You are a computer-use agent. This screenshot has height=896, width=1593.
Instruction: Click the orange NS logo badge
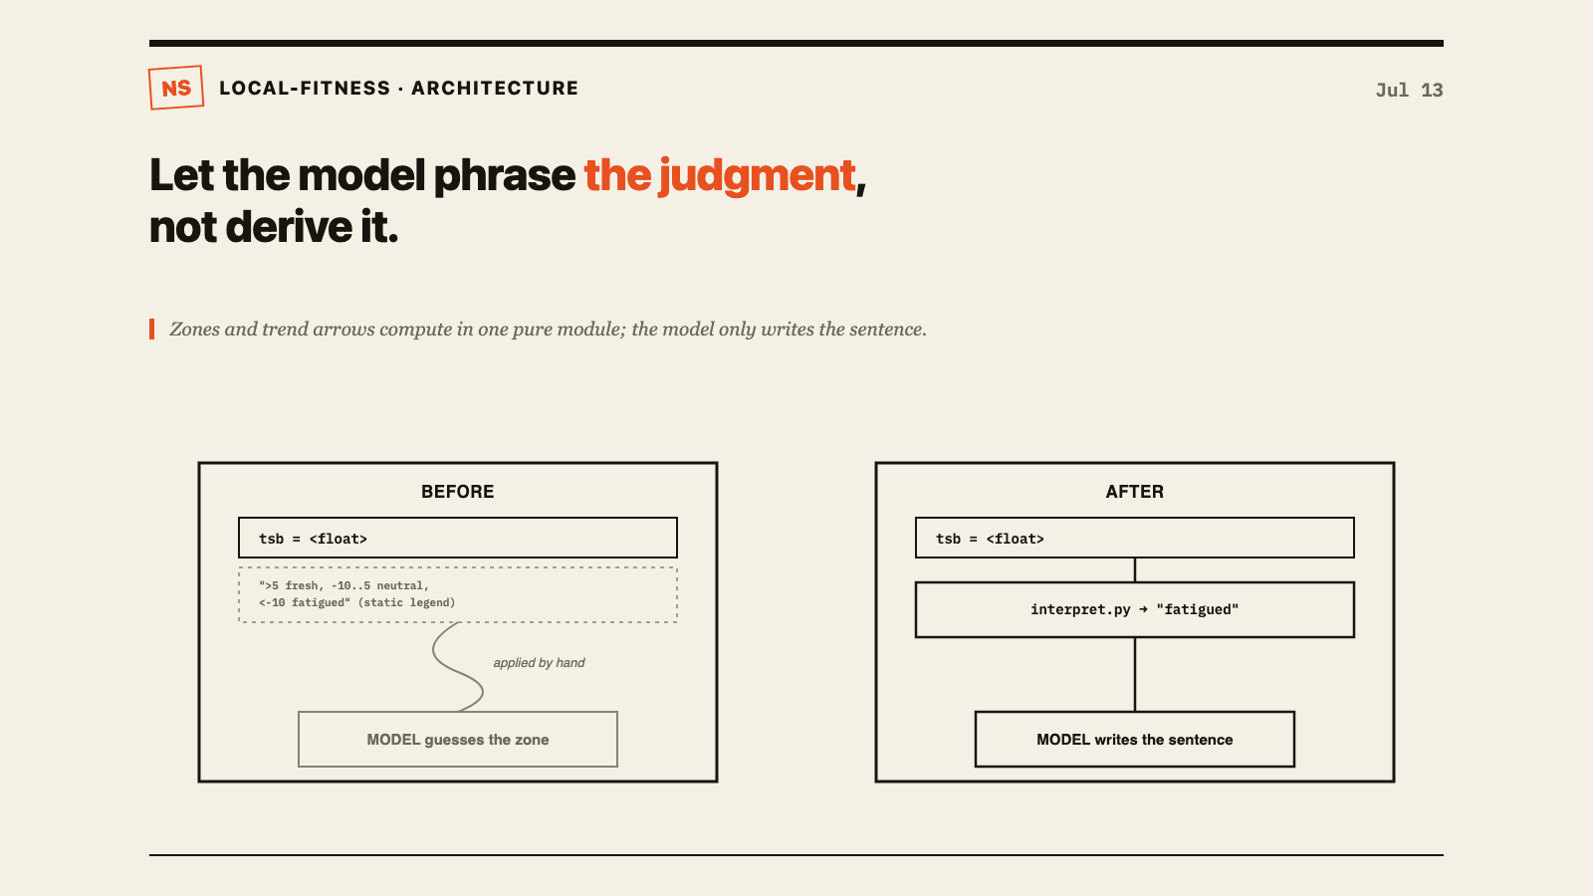pyautogui.click(x=176, y=88)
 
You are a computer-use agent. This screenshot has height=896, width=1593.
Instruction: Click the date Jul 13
pyautogui.click(x=1409, y=91)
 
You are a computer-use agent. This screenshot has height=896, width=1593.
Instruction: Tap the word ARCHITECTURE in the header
pyautogui.click(x=495, y=89)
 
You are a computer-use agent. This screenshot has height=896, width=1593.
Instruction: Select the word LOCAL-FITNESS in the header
pyautogui.click(x=305, y=89)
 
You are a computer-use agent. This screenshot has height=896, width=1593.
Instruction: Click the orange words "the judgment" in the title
pyautogui.click(x=720, y=175)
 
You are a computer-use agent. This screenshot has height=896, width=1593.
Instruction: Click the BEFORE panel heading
pyautogui.click(x=457, y=492)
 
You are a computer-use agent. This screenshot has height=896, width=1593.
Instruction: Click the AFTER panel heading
pyautogui.click(x=1134, y=492)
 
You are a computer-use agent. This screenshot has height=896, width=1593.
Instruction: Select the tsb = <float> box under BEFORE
pyautogui.click(x=458, y=538)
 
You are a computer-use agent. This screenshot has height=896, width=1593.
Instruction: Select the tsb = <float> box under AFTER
pyautogui.click(x=1134, y=538)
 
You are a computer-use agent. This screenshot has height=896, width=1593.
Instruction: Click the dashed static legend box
pyautogui.click(x=458, y=594)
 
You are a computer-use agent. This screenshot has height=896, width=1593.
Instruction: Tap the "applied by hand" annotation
pyautogui.click(x=539, y=663)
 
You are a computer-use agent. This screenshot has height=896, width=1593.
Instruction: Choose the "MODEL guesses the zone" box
pyautogui.click(x=458, y=740)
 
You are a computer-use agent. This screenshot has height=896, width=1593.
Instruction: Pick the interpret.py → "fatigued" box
pyautogui.click(x=1134, y=609)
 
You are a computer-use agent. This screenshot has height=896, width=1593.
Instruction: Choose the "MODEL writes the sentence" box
pyautogui.click(x=1134, y=740)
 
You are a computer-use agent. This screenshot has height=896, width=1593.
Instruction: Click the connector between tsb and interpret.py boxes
pyautogui.click(x=1135, y=570)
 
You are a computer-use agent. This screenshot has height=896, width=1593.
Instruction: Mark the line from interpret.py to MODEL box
pyautogui.click(x=1135, y=675)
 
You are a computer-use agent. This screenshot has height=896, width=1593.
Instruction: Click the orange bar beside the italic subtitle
pyautogui.click(x=151, y=330)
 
